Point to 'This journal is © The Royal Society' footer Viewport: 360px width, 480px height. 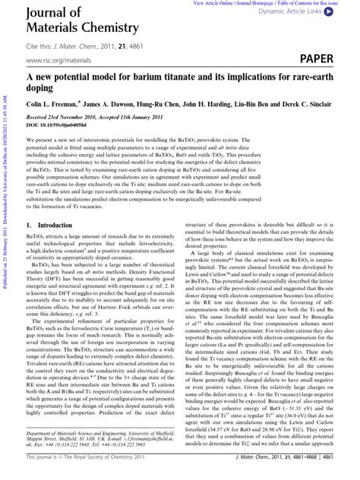(x=76, y=472)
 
